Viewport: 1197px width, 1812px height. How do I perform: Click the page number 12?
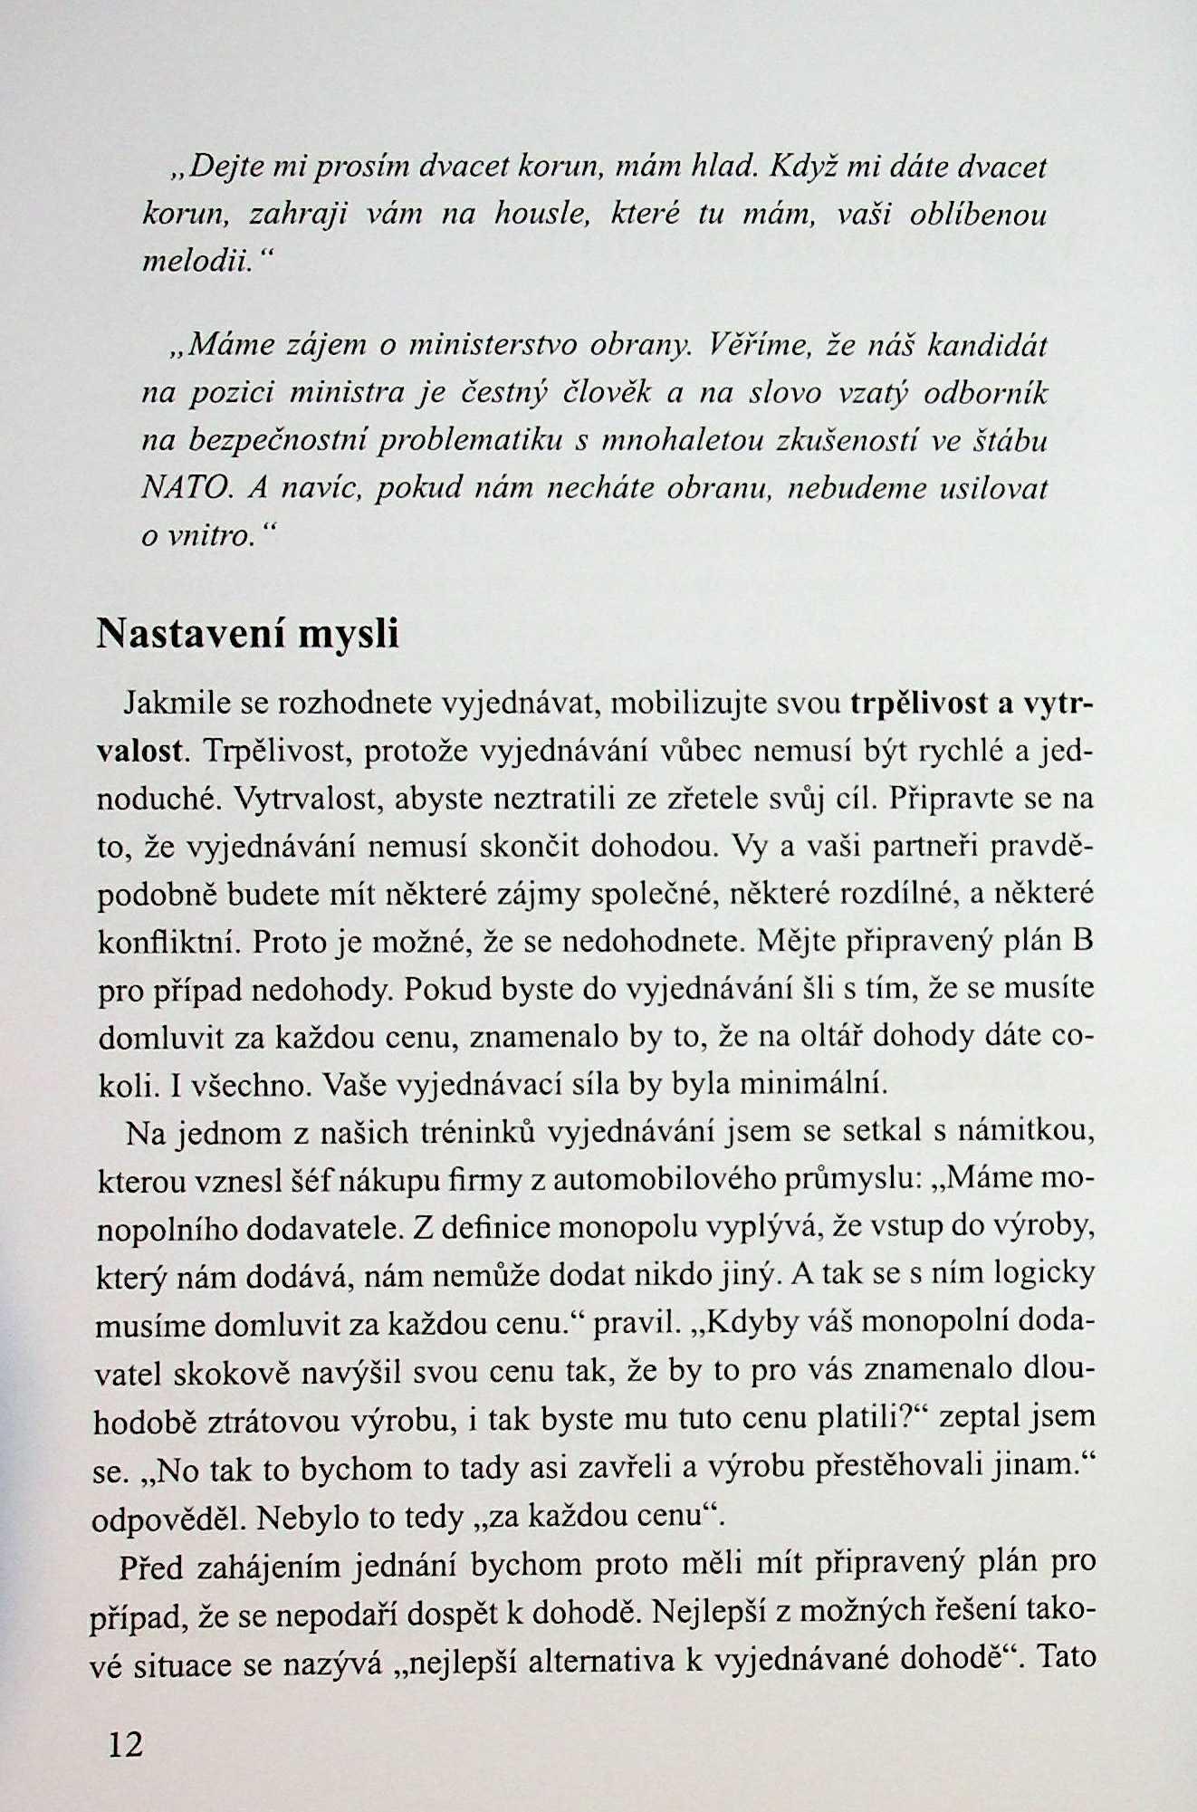click(126, 1742)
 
